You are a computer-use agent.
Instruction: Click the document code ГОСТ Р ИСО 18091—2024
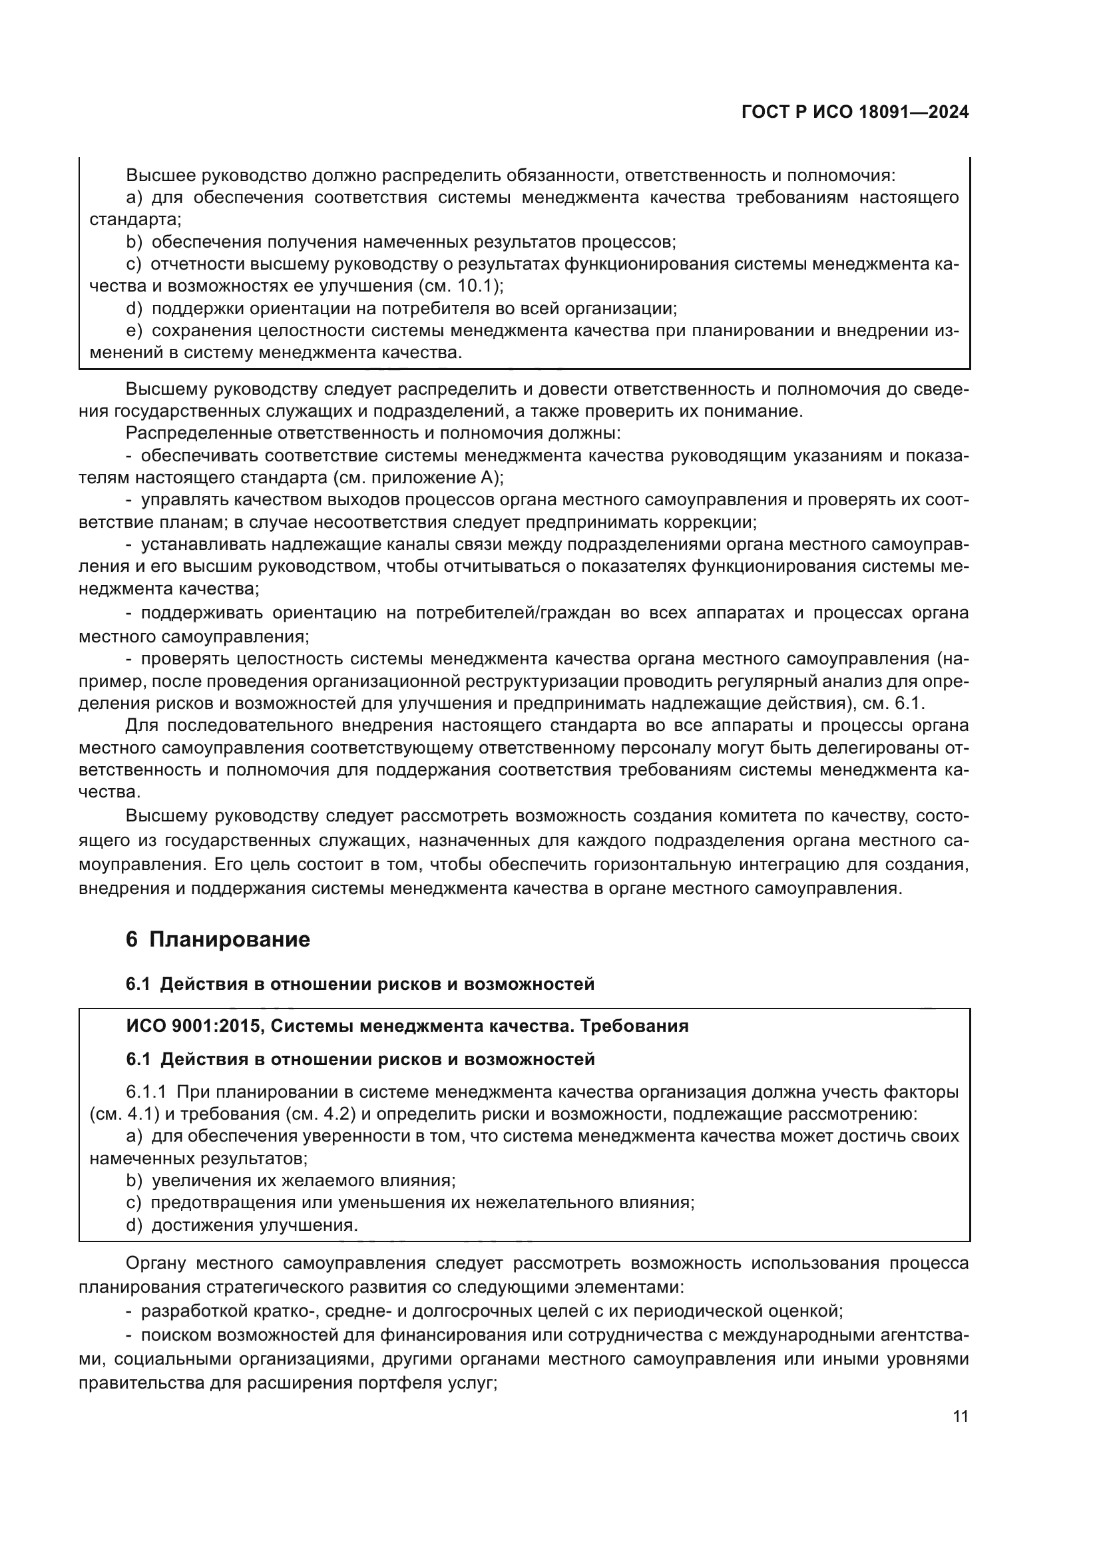[855, 112]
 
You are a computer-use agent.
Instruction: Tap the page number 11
[960, 1416]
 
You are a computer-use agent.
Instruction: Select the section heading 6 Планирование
[218, 939]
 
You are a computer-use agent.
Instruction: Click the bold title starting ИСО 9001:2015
[407, 1026]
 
